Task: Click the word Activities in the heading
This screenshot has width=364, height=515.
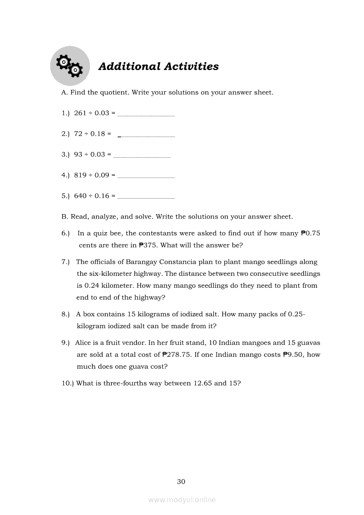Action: click(191, 67)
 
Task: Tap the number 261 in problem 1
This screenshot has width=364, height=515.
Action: click(80, 113)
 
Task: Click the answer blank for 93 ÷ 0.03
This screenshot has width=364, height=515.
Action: click(142, 156)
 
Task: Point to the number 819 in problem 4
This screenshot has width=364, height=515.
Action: click(80, 175)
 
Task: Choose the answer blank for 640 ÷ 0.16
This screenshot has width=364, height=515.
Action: click(146, 196)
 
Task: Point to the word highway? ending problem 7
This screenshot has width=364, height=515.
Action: click(151, 297)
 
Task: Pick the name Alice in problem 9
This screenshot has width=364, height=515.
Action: click(84, 343)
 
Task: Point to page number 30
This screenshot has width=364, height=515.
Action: click(181, 482)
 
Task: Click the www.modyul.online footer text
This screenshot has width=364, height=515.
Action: click(182, 500)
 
